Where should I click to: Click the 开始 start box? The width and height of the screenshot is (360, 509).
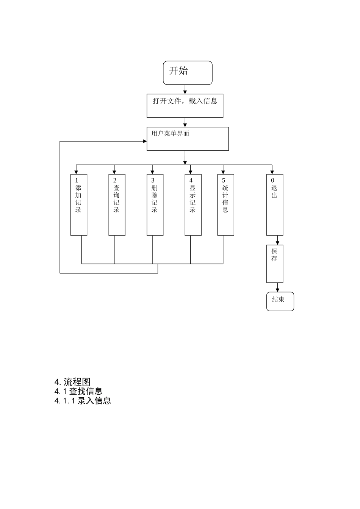(x=188, y=73)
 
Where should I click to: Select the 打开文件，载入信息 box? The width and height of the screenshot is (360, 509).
(x=185, y=106)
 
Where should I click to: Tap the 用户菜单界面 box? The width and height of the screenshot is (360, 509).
(x=188, y=139)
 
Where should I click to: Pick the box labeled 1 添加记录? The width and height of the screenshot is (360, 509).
(x=79, y=205)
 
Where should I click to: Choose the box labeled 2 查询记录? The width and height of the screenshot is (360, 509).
(x=117, y=205)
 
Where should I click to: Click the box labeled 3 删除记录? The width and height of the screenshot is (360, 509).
(x=155, y=205)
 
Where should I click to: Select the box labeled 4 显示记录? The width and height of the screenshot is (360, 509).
(x=193, y=205)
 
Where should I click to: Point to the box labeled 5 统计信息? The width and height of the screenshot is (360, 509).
(x=225, y=205)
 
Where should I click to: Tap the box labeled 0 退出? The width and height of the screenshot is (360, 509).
(x=274, y=205)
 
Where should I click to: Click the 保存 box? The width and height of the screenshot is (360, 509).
(x=274, y=264)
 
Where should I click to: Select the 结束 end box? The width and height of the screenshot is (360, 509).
(x=280, y=301)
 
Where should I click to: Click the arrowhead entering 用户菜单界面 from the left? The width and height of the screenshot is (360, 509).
(x=145, y=141)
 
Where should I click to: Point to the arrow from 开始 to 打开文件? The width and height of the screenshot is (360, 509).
(x=185, y=90)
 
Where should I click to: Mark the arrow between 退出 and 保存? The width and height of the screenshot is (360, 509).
(x=278, y=240)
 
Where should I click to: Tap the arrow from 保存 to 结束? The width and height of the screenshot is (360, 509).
(x=278, y=287)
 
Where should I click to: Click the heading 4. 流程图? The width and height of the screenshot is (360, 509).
(x=72, y=382)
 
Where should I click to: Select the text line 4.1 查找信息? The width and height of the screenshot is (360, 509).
(x=78, y=391)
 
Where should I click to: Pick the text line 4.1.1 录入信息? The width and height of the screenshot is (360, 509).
(x=83, y=401)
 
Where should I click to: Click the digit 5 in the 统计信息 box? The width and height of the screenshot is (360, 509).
(x=224, y=181)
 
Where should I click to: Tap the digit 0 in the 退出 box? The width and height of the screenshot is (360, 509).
(x=272, y=181)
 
